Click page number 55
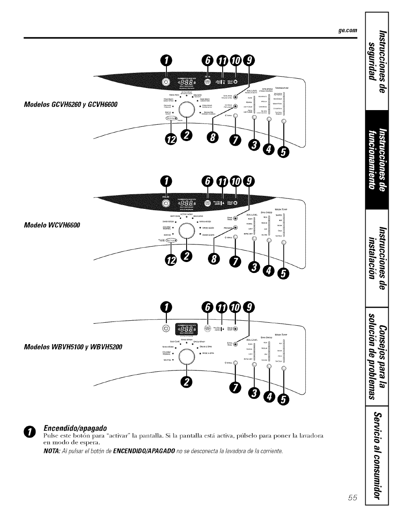pos(352,498)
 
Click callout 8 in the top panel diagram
pos(213,139)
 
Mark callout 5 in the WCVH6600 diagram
pos(284,275)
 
